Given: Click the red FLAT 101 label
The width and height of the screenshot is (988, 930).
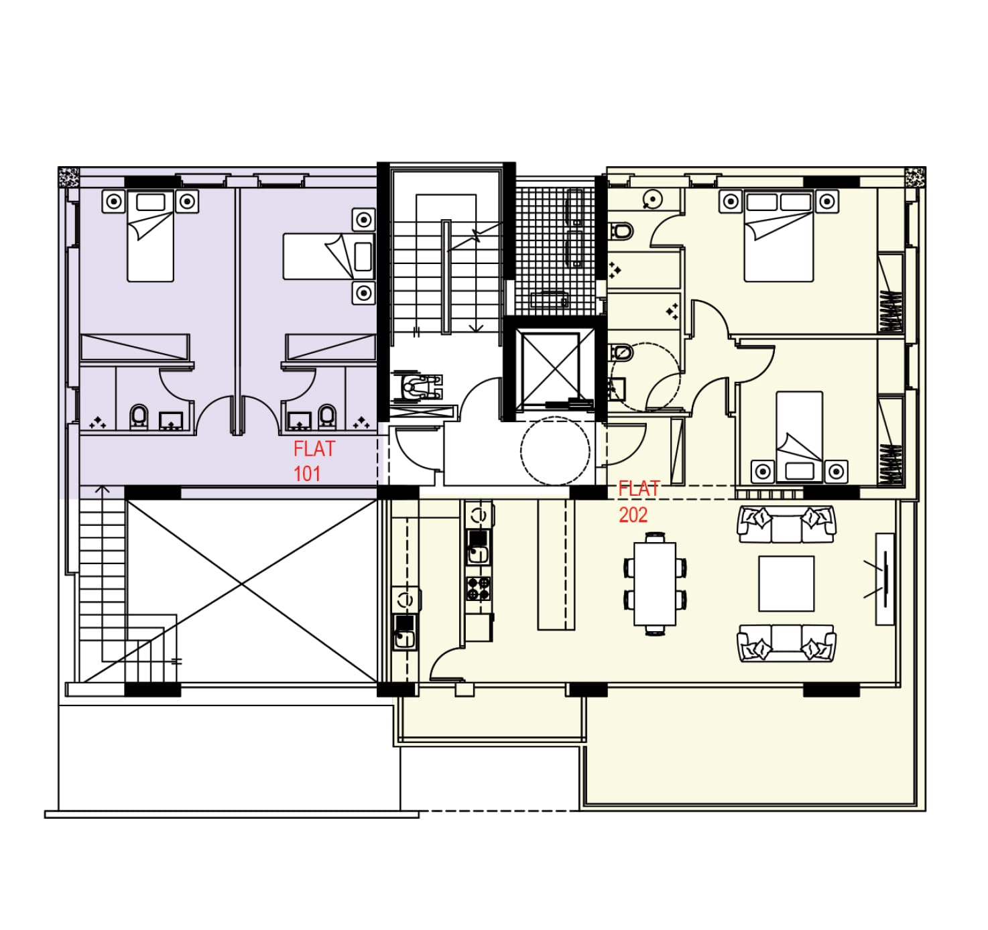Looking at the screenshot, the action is click(314, 461).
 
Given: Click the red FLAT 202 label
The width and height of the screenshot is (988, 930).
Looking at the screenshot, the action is click(639, 502).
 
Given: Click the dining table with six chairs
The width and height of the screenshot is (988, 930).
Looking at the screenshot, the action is click(655, 584).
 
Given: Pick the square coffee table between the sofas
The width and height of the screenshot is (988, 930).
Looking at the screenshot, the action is click(786, 584).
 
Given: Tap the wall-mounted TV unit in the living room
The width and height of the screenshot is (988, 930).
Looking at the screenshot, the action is click(885, 580).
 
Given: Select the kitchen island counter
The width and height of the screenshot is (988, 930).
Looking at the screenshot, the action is click(556, 565).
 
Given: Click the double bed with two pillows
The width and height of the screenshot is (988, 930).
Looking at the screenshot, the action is click(779, 237).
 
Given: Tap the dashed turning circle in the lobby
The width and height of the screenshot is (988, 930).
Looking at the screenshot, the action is click(555, 451).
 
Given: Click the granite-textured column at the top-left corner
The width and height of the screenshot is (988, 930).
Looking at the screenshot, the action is click(68, 177).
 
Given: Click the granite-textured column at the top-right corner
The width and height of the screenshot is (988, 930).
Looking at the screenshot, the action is click(916, 178).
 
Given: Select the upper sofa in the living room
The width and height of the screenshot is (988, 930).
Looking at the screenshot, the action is click(786, 524).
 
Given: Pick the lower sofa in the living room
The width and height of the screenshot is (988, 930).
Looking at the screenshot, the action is click(786, 643).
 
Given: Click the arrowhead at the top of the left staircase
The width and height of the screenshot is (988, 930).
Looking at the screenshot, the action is click(102, 489).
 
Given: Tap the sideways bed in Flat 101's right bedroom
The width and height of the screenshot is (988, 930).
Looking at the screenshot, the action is click(328, 256).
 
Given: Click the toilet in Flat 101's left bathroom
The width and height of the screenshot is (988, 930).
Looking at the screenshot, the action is click(139, 416).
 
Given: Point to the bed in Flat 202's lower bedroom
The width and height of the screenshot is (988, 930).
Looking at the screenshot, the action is click(800, 437).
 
